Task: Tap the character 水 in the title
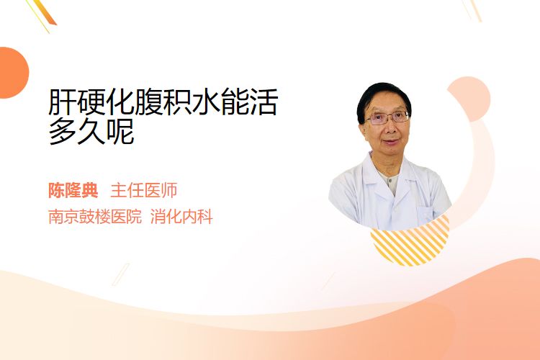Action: [x=206, y=102]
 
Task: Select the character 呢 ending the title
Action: [x=120, y=131]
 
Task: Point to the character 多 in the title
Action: [x=63, y=131]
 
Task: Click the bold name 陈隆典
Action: [x=73, y=190]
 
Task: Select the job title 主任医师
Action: [x=144, y=190]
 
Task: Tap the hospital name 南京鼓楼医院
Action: [x=95, y=216]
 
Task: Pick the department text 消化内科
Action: [x=181, y=216]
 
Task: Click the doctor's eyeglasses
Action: [x=387, y=118]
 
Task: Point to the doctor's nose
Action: [x=390, y=128]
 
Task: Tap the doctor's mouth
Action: [x=392, y=142]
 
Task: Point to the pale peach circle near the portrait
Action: [x=472, y=97]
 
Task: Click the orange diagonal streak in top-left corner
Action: [x=45, y=12]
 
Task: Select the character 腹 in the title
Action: [x=148, y=102]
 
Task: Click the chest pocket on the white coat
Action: [x=426, y=215]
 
